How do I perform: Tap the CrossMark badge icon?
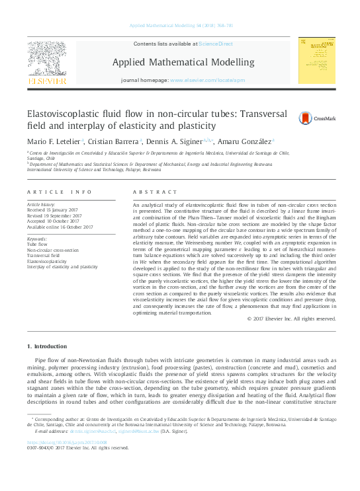coord(287,118)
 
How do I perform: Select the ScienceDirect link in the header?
coord(216,44)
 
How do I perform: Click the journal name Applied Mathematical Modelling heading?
coord(183,62)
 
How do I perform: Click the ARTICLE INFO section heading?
coord(59,192)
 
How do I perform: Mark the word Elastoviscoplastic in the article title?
coord(64,114)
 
